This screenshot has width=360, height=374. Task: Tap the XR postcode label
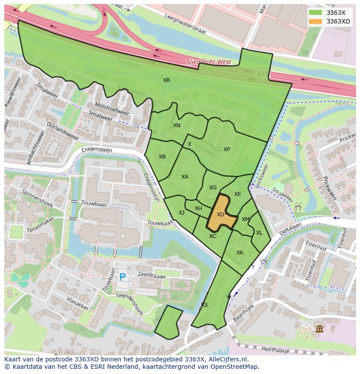167,80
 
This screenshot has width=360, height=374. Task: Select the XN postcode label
177,126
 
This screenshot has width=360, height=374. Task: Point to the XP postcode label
227,149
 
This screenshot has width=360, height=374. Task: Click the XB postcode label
162,157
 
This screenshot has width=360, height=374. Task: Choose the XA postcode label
185,177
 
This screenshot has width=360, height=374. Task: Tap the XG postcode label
213,188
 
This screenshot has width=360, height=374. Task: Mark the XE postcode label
237,194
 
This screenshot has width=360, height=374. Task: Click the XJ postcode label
181,212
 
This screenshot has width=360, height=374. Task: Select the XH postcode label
198,209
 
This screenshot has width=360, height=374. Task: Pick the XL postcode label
259,233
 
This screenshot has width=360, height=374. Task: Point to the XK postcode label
240,253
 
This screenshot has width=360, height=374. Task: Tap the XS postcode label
204,305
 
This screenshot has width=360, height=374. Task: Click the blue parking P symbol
123,277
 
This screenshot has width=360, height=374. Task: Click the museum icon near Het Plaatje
320,329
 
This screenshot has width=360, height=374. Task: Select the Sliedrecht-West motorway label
209,62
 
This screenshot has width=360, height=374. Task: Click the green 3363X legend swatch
316,13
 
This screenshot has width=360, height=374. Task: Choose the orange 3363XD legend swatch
316,21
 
